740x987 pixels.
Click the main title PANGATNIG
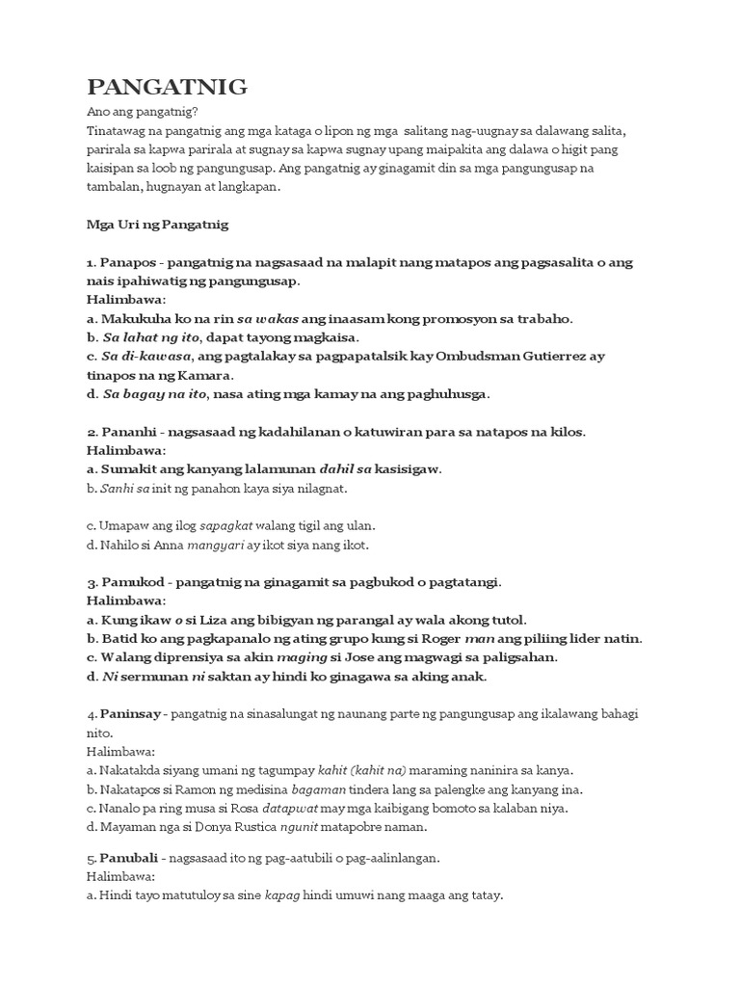[167, 88]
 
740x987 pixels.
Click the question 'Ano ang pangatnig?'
[142, 113]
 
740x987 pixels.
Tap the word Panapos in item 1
[131, 262]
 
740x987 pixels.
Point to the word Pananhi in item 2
[132, 432]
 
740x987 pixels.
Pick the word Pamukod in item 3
[133, 582]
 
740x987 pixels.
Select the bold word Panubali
[130, 858]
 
